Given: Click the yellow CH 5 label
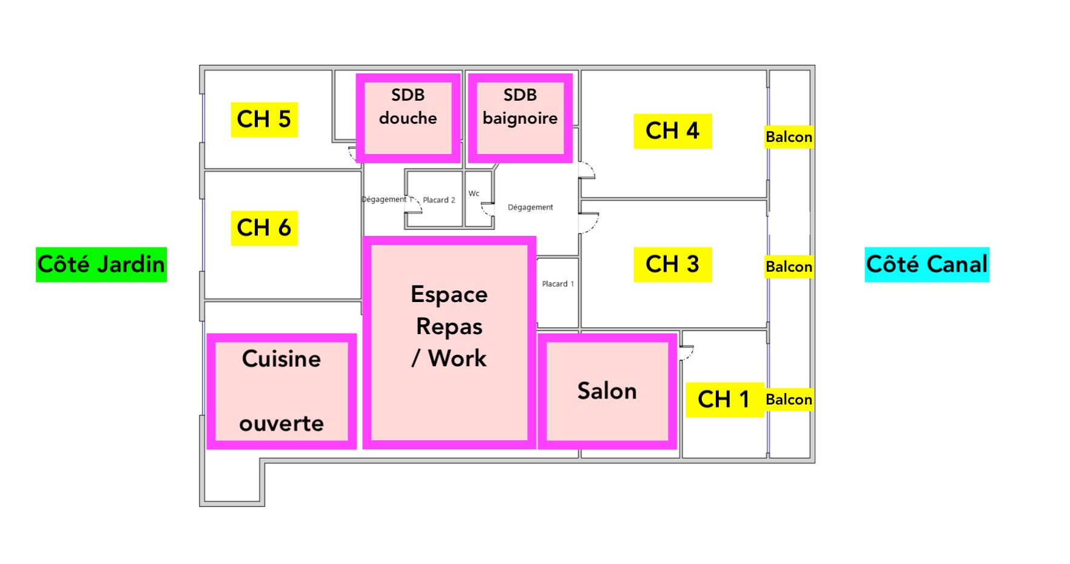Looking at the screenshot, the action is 264,119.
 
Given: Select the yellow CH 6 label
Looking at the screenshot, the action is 264,228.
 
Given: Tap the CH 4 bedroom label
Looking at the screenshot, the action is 673,131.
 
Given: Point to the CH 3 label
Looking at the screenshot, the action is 673,264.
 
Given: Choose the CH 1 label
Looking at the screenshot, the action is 724,400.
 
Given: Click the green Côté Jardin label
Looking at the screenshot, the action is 101,264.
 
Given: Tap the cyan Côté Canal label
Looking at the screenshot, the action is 927,264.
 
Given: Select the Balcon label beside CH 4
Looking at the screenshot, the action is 789,137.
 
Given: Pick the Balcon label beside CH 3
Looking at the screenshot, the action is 789,267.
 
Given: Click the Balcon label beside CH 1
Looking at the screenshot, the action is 789,400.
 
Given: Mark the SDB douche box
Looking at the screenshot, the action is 408,118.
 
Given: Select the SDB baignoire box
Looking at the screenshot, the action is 520,118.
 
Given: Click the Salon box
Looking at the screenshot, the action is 607,391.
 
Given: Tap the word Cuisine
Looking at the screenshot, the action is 281,359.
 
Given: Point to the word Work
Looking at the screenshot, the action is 457,358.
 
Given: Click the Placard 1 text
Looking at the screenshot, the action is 558,284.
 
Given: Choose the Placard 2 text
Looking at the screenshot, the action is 439,200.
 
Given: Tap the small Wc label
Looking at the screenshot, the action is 474,193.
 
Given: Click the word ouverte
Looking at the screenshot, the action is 281,423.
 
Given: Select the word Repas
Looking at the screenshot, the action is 449,327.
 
